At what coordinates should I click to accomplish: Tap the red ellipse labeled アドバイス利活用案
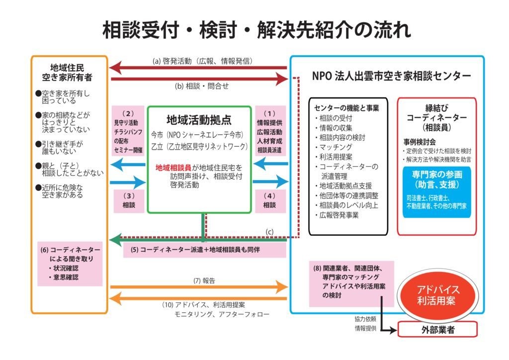(x=438, y=295)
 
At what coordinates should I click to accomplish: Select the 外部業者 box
(x=437, y=329)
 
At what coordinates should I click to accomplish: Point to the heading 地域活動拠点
(x=199, y=120)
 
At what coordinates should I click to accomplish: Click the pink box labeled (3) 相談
(x=129, y=200)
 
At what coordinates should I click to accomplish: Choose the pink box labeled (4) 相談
(x=269, y=200)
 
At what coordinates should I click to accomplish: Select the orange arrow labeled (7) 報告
(x=199, y=287)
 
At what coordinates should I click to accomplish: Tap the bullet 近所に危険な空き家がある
(x=62, y=191)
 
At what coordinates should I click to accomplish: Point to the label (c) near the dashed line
(x=269, y=231)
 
